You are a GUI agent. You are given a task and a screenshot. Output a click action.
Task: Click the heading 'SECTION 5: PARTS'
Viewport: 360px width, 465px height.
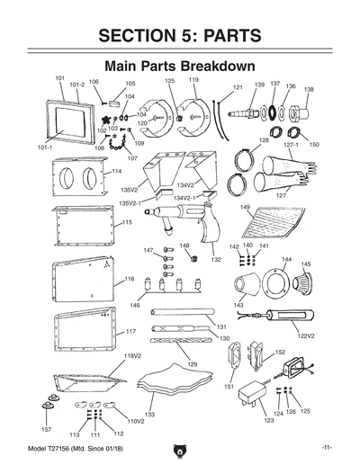click(x=180, y=35)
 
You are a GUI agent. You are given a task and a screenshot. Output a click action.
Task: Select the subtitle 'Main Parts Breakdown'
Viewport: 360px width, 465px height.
click(x=180, y=67)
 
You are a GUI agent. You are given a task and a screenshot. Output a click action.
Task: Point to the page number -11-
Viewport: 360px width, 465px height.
click(x=326, y=447)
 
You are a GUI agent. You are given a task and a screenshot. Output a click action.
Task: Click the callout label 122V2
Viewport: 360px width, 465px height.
click(x=307, y=335)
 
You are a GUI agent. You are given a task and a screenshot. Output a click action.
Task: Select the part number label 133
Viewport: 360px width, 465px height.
click(x=150, y=414)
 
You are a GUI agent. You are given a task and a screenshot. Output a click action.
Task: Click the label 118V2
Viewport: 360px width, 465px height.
click(x=132, y=356)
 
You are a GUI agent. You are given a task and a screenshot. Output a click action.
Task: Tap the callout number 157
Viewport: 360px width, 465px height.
click(x=46, y=429)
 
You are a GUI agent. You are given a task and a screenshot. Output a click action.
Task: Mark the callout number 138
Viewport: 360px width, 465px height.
click(x=309, y=90)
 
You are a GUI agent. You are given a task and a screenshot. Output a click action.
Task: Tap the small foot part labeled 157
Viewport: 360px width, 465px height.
click(x=46, y=412)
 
